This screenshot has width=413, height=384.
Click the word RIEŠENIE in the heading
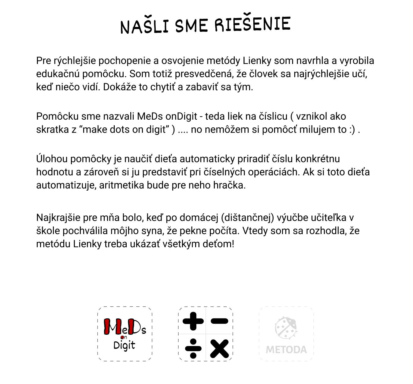(x=252, y=24)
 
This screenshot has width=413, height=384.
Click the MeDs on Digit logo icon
(x=125, y=334)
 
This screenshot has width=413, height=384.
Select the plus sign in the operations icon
(x=193, y=321)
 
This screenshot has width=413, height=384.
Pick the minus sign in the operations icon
(x=219, y=321)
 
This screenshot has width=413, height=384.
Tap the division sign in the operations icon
(x=193, y=348)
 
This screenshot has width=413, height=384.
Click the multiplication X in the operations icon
(x=219, y=348)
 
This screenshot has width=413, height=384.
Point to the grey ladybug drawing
(x=286, y=327)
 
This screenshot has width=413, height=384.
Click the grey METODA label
(x=286, y=349)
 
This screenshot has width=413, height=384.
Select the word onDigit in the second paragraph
(x=181, y=116)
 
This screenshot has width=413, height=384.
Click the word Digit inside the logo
(x=124, y=345)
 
